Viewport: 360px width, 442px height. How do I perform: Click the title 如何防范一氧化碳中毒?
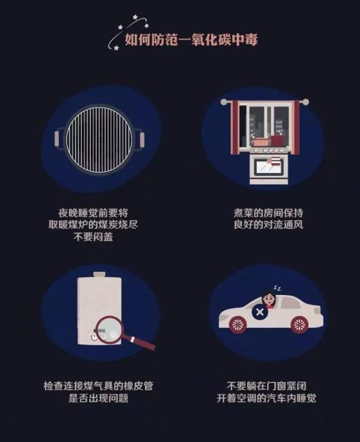coord(191,39)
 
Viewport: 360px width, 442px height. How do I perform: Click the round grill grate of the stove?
coord(99,140)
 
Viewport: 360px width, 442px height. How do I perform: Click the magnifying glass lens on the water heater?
coord(109,330)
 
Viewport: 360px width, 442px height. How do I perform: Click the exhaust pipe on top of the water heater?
coord(99,275)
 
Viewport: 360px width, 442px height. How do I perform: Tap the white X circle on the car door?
coord(260,312)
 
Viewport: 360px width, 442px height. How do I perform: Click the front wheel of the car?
coord(238,324)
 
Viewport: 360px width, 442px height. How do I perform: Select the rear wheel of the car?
coord(299,324)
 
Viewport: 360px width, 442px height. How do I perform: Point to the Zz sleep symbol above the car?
coord(278,288)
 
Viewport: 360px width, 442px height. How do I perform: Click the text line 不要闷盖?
coord(94,237)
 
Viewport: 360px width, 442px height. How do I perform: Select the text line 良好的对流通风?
coord(268,225)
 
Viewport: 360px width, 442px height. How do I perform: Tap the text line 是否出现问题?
coord(98,398)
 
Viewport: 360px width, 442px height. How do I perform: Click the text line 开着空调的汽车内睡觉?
coord(266,398)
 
